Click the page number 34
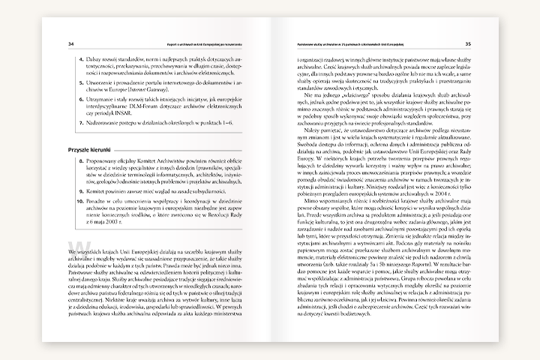point(70,43)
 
